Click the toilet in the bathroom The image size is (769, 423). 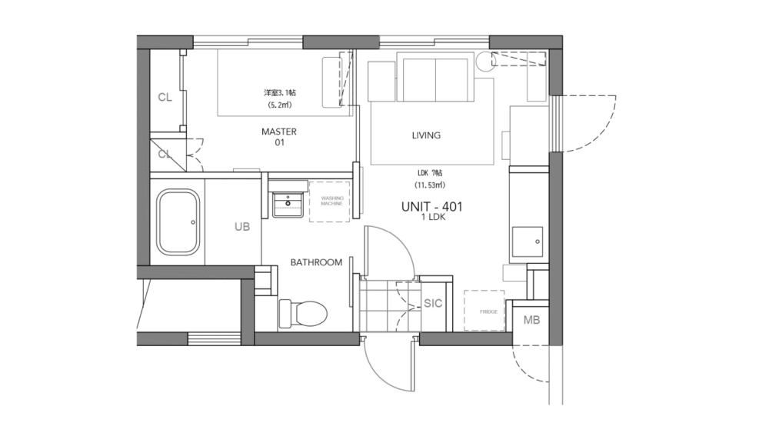304,313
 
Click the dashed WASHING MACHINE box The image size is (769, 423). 328,202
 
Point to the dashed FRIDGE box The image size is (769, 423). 484,311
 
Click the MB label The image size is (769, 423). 531,319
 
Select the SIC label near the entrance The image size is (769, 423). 433,303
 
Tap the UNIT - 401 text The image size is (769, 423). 431,206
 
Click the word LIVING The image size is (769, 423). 426,135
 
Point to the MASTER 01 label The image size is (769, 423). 278,137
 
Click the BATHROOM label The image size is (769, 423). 316,262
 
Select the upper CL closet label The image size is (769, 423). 165,97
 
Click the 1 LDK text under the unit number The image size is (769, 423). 431,218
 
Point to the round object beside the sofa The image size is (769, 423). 484,62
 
